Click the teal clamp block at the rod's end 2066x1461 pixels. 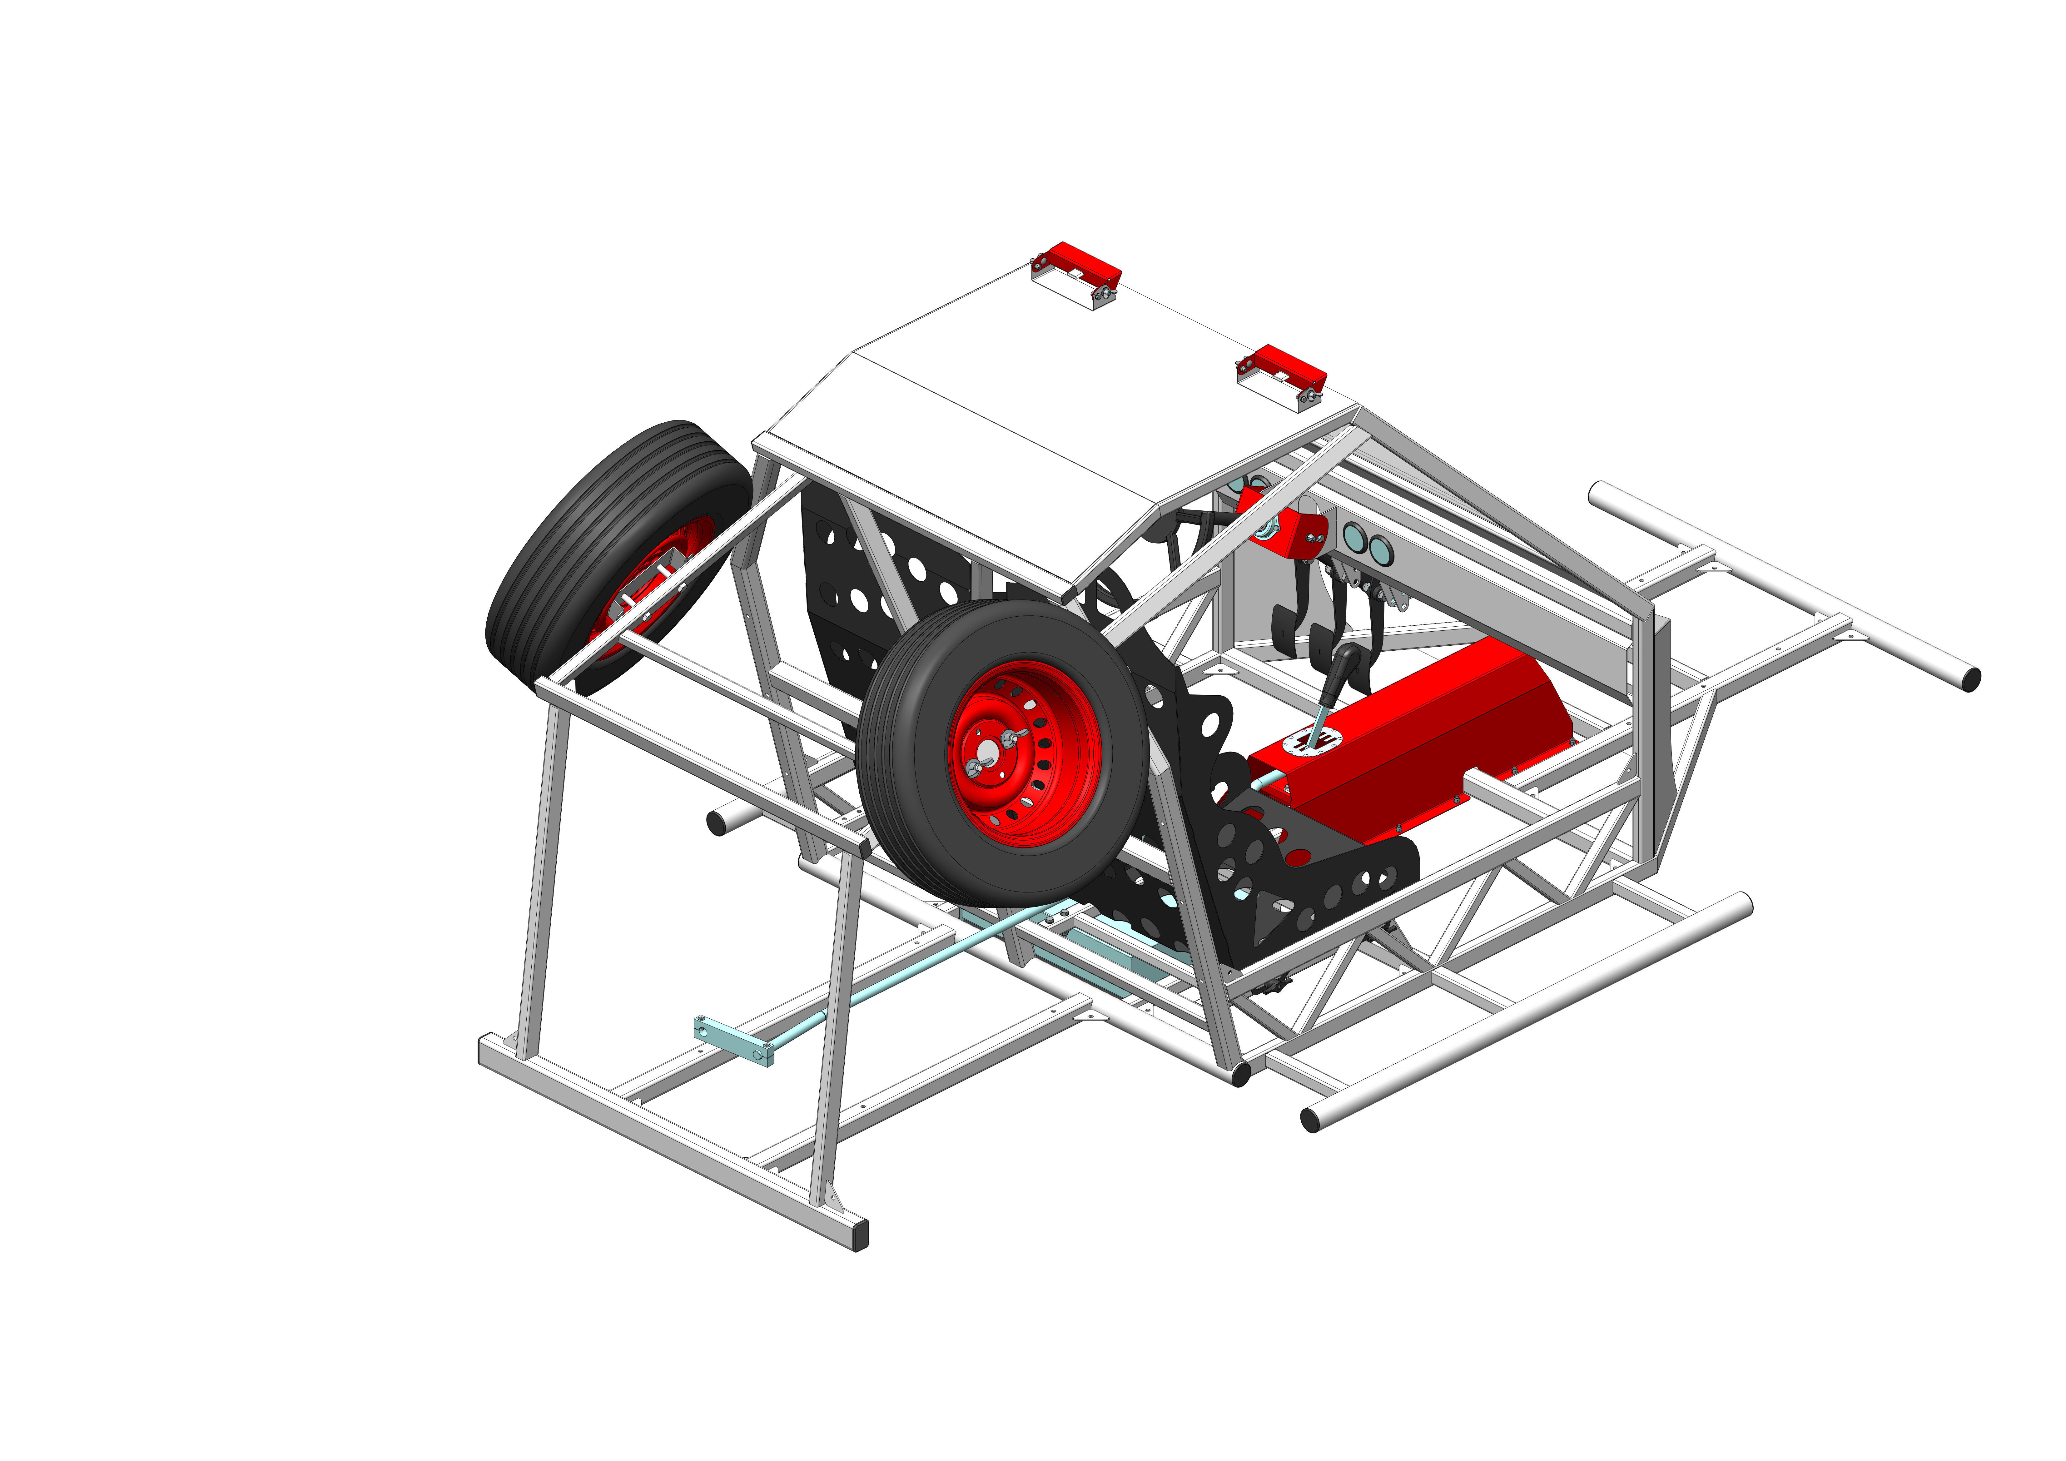click(x=733, y=1041)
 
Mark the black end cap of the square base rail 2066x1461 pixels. click(x=861, y=1234)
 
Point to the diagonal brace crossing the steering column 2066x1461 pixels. click(x=1242, y=531)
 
